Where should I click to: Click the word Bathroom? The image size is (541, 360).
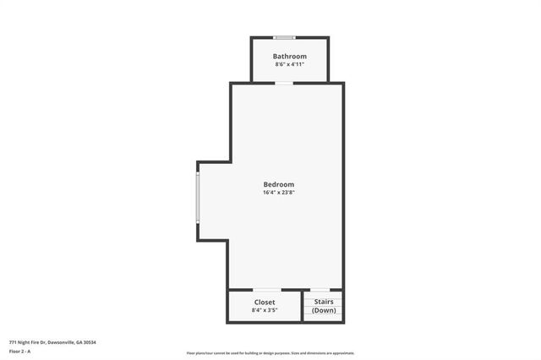289,57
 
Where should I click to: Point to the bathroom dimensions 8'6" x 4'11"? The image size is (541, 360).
289,64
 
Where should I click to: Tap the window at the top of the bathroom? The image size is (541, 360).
285,37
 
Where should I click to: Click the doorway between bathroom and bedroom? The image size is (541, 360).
285,83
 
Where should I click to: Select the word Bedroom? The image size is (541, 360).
279,184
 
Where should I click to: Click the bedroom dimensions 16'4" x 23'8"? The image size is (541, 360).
279,193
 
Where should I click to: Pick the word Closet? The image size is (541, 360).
265,302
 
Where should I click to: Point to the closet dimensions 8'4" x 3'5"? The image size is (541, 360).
265,310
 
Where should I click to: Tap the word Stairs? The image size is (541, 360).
324,302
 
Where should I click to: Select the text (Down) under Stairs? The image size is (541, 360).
324,310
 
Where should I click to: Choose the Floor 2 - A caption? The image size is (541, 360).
19,351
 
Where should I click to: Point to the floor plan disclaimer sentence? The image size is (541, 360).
270,353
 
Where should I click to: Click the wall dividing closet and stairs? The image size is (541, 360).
303,307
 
